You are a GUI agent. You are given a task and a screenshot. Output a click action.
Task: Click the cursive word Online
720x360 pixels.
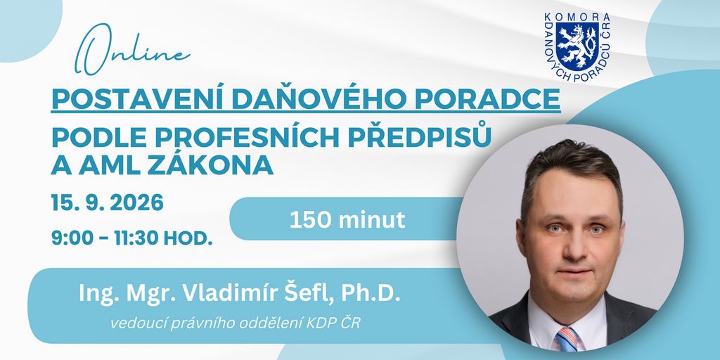click(132, 50)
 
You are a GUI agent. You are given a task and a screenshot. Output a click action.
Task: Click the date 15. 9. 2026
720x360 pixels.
click(108, 202)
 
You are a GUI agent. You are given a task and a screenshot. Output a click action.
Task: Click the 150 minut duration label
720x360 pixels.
click(347, 220)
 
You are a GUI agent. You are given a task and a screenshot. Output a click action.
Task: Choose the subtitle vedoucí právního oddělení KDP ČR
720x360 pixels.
click(235, 323)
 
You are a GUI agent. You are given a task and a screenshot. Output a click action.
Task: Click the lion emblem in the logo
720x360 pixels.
click(577, 46)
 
